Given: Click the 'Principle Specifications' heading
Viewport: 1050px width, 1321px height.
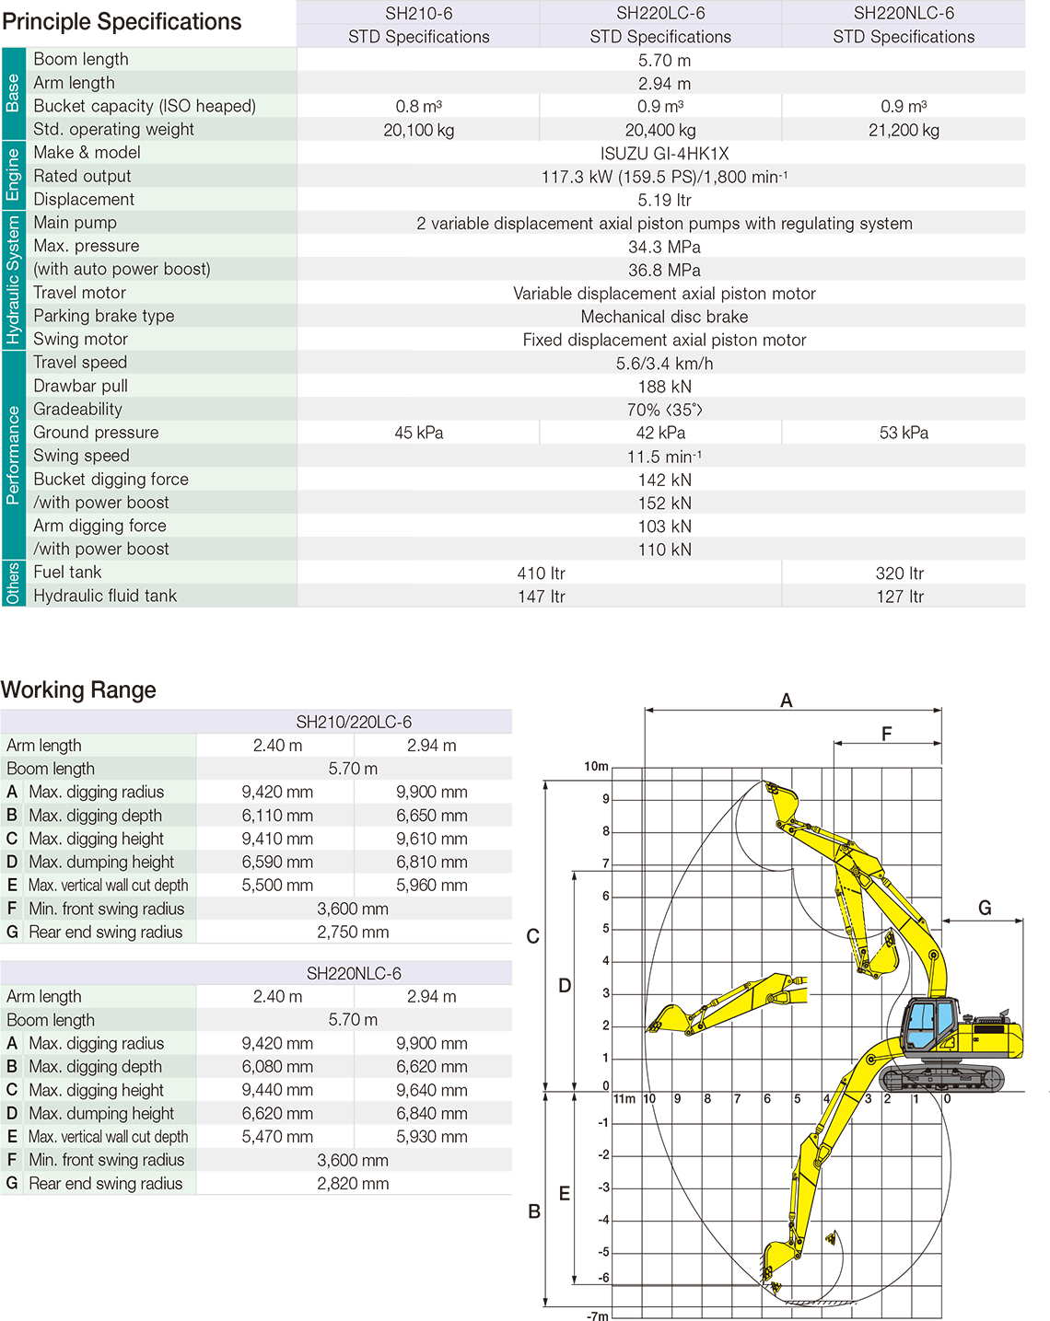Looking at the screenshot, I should (122, 22).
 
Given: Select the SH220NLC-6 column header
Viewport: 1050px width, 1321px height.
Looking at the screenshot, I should (904, 13).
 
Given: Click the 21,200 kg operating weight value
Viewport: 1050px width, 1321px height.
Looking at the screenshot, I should (904, 130).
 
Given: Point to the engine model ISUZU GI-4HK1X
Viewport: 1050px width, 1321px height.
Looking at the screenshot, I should (664, 154).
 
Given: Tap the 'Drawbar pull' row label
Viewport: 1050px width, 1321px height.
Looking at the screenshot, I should (80, 386).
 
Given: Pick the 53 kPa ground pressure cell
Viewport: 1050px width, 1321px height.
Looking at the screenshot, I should (904, 433).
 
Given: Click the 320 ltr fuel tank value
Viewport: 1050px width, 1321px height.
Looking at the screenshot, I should (900, 573).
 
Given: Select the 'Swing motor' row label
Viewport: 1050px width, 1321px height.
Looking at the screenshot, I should (80, 339).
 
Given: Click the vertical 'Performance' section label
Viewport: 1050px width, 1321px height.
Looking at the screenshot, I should (13, 455).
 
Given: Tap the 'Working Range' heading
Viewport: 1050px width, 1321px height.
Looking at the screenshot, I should (78, 689).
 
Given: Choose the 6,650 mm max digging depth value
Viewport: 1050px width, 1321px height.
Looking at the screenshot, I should (431, 816).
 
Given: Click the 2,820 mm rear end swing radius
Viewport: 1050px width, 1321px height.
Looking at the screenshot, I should (353, 1184).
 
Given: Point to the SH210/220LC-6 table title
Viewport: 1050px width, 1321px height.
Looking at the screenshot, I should (354, 722).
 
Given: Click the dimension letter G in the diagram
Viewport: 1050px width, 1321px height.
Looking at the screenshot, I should (985, 909).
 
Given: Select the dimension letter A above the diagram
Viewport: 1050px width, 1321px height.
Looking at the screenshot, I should (786, 701).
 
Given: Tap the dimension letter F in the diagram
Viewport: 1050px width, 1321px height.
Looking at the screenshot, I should (886, 734).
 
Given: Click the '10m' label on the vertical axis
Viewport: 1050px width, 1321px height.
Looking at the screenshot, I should (596, 766).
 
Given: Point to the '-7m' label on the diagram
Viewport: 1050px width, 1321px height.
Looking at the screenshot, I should (597, 1315).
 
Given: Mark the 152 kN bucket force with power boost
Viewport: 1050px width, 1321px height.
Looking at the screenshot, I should (664, 504).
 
